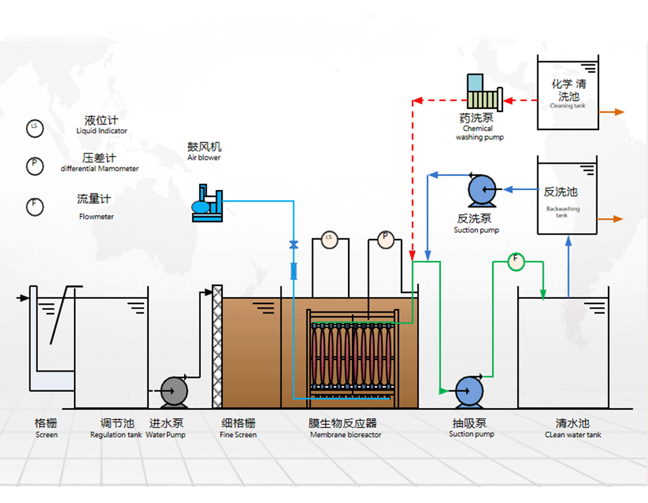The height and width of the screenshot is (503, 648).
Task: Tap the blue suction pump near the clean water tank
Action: [x=469, y=390]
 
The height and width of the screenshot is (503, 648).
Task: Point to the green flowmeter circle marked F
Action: [x=515, y=261]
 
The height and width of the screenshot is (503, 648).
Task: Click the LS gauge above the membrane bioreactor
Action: [x=329, y=240]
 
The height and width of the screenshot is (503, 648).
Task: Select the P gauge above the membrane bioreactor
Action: [x=385, y=240]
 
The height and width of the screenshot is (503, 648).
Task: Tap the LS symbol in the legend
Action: [x=35, y=128]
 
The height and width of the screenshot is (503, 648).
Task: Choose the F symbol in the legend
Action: [x=35, y=206]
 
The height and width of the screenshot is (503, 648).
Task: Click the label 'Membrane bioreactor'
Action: [x=346, y=435]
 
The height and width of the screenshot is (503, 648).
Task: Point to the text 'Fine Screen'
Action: [x=238, y=435]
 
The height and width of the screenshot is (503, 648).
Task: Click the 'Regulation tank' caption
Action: [x=116, y=435]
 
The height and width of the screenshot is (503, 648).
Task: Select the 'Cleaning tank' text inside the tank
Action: [x=567, y=106]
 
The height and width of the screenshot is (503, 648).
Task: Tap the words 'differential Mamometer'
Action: [x=100, y=169]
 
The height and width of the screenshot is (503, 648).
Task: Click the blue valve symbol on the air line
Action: [x=294, y=245]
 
